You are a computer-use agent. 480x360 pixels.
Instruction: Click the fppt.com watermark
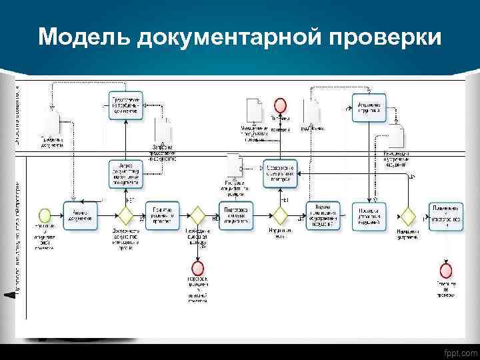point(459,352)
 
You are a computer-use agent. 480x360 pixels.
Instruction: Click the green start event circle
point(45,215)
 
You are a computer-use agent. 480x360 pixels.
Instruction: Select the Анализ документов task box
point(81,215)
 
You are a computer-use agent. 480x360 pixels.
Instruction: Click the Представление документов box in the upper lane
point(125,106)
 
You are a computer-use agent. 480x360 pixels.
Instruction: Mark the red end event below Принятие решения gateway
point(197,269)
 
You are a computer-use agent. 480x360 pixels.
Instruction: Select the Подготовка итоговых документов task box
point(237,215)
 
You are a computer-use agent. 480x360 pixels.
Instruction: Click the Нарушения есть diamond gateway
point(280,215)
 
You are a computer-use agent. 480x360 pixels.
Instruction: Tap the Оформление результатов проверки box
point(281,172)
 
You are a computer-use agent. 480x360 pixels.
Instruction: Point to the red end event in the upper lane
point(281,105)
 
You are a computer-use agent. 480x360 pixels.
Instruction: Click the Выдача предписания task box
point(323,215)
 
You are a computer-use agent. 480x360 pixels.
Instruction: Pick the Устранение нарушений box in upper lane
point(369,107)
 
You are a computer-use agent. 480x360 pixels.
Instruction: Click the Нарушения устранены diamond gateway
point(407,215)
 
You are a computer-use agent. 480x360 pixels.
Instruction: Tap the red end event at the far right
point(445,270)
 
